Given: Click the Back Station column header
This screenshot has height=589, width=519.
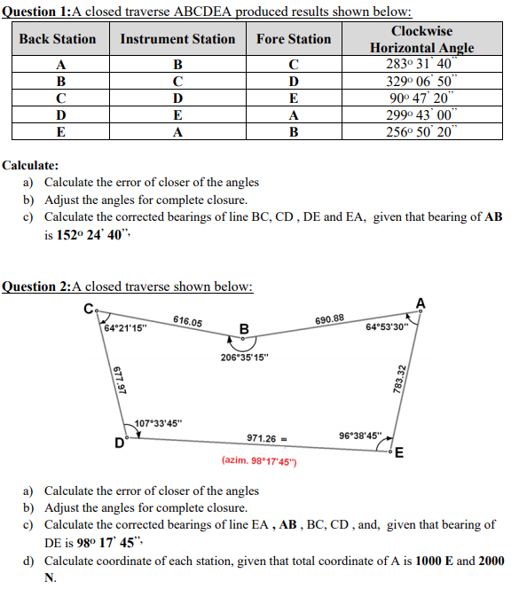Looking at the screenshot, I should [x=58, y=39].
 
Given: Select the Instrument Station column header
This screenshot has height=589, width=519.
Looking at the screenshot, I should [x=177, y=39].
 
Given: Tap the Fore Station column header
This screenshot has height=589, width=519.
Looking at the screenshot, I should [x=294, y=39].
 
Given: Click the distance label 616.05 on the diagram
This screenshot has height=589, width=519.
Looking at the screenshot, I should [x=187, y=322].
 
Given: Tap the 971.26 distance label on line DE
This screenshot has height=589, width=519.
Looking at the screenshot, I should [x=263, y=437].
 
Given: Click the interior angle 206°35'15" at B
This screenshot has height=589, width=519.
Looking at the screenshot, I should [x=246, y=357].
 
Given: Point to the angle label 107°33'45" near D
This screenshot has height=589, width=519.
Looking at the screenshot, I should [x=158, y=421].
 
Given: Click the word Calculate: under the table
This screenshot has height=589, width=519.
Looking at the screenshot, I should [x=31, y=166].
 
